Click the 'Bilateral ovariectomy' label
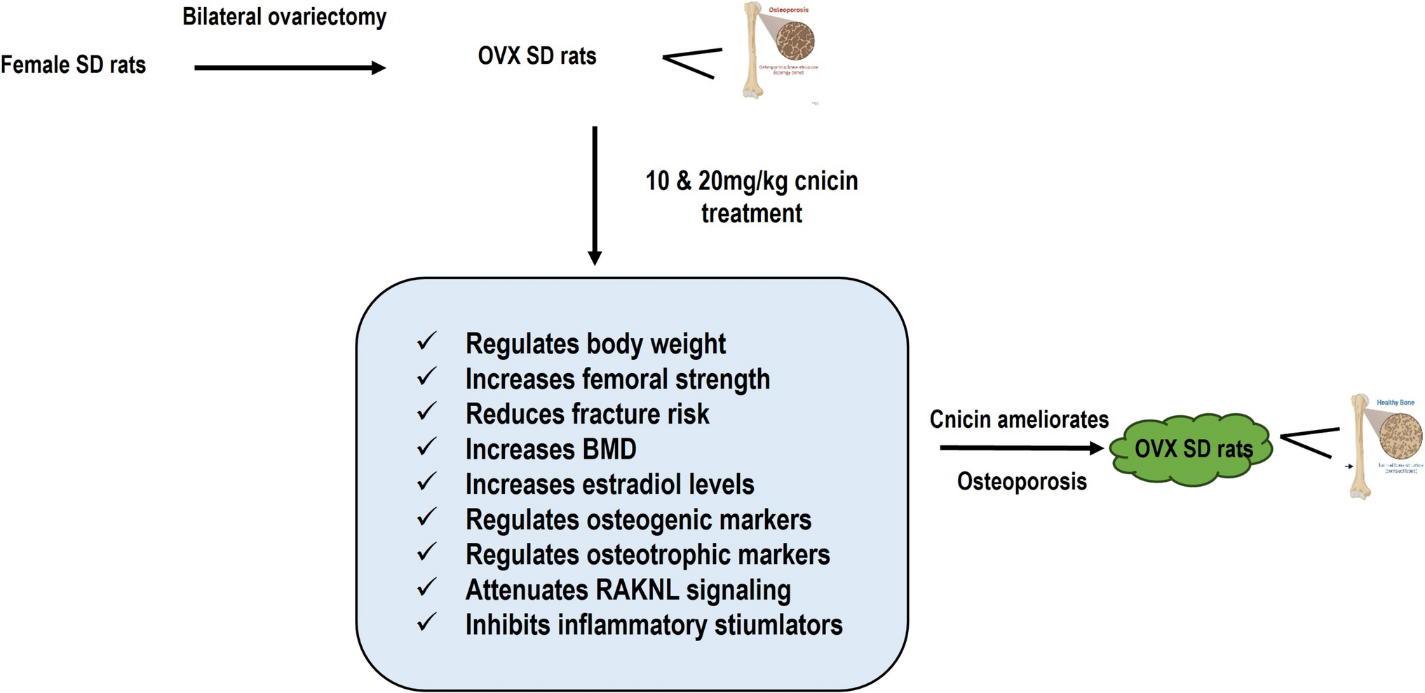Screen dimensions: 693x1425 pos(284,17)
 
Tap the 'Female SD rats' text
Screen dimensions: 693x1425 pos(73,65)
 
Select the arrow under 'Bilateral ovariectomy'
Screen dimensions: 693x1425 pos(289,68)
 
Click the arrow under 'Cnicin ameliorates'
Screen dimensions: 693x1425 pos(1021,448)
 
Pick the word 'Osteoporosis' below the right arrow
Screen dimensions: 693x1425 pos(1021,482)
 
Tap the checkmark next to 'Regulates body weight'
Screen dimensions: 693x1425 pos(426,342)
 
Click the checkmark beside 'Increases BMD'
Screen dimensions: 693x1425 pos(426,447)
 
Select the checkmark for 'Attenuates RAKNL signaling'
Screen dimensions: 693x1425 pos(426,587)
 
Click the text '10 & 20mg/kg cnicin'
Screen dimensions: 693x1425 pos(751,181)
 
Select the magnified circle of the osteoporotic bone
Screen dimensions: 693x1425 pos(795,40)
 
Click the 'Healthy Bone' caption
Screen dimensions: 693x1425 pos(1395,403)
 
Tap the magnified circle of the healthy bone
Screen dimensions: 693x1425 pos(1400,436)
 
